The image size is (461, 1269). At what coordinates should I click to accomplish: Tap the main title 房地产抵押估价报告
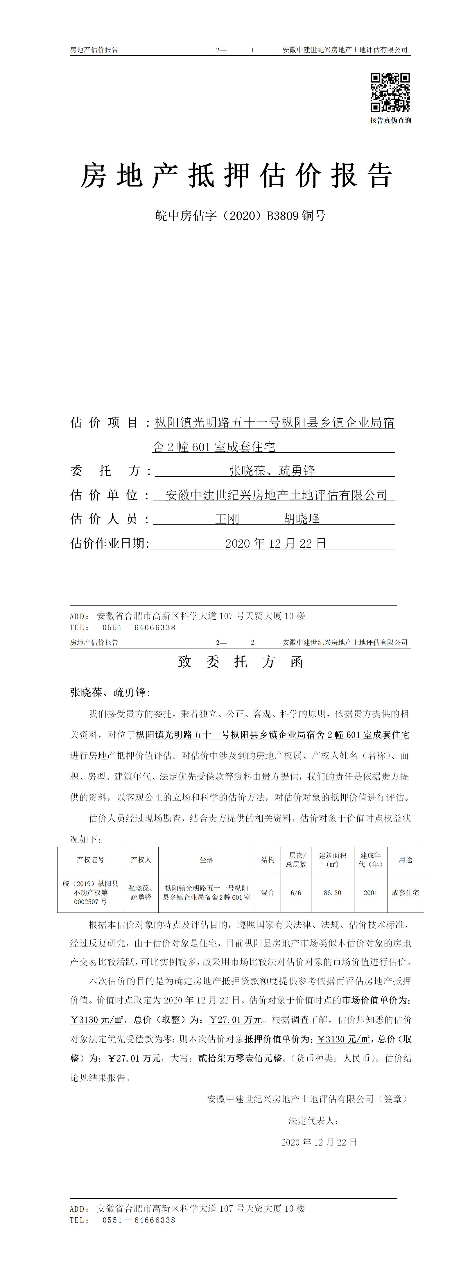236,176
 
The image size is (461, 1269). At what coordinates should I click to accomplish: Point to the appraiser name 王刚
227,519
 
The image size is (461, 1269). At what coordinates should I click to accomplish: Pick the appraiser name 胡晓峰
302,519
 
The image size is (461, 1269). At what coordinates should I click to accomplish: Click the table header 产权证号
91,860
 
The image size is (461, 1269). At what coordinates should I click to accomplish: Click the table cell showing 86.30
332,893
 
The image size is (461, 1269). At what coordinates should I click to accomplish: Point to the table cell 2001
370,893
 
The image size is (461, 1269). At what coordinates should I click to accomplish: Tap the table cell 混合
268,893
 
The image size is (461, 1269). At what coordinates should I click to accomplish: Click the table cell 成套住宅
405,893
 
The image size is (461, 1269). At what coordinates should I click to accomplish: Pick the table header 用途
405,860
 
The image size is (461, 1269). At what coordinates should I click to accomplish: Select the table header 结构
268,860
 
